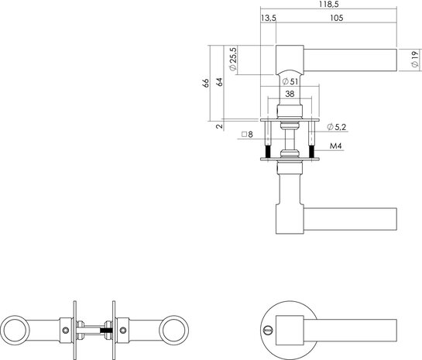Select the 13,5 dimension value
coord(269,18)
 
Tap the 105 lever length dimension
coord(336,18)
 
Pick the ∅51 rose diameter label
coord(290,81)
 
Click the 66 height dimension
coord(207,84)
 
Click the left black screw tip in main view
coord(268,153)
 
